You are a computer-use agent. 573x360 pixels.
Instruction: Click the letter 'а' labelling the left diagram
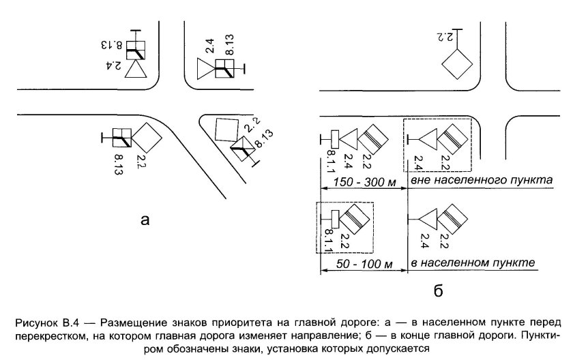coord(143,220)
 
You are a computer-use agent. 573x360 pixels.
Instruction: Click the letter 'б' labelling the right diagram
coord(438,292)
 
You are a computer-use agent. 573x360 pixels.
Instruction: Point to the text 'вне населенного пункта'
coord(481,181)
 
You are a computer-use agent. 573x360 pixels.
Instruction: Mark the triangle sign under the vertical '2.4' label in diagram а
coord(205,70)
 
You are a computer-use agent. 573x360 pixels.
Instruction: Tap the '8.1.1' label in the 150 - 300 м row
coord(330,162)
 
